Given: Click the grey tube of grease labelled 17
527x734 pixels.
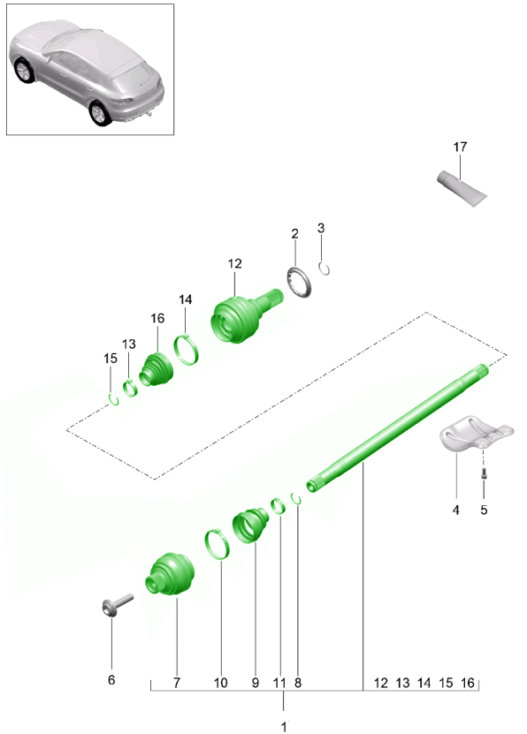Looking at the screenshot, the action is pos(462,189).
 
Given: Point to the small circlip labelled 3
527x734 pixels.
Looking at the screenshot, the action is pos(324,269).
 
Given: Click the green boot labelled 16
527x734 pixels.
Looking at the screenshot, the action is pos(157,369).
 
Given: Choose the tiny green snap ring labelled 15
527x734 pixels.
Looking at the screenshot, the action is pos(113,400).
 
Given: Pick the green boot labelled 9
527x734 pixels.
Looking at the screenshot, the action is pos(251,526).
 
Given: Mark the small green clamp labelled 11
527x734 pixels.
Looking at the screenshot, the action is pos(279,506).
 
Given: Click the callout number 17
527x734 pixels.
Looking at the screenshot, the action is pos(460,147).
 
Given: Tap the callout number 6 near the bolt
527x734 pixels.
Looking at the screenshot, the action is pos(111,680).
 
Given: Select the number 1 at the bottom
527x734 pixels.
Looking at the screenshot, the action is pos(284,727).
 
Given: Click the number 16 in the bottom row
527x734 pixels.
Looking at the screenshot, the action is pos(468,683).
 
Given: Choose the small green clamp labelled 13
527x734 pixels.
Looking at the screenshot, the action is pos(130,388).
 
